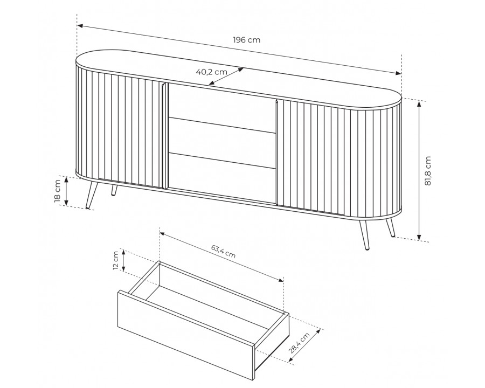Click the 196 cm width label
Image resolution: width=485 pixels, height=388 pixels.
(246, 40)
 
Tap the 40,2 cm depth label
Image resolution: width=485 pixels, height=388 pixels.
(212, 72)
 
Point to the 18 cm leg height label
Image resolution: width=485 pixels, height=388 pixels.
(58, 191)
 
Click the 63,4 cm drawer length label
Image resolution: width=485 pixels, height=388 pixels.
(223, 251)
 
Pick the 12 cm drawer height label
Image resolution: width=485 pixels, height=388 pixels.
(116, 260)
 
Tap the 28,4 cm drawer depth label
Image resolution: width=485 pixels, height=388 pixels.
(299, 343)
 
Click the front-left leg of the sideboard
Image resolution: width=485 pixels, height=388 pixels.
(92, 195)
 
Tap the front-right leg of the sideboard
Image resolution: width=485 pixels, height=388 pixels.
(363, 234)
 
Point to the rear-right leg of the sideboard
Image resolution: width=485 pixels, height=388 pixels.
(390, 227)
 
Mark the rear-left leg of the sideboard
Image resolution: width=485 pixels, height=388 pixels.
(114, 190)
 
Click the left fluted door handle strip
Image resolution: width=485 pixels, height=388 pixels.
(164, 135)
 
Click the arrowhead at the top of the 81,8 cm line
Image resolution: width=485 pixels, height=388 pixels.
(419, 103)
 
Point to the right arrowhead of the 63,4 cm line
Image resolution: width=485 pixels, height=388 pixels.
(280, 280)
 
